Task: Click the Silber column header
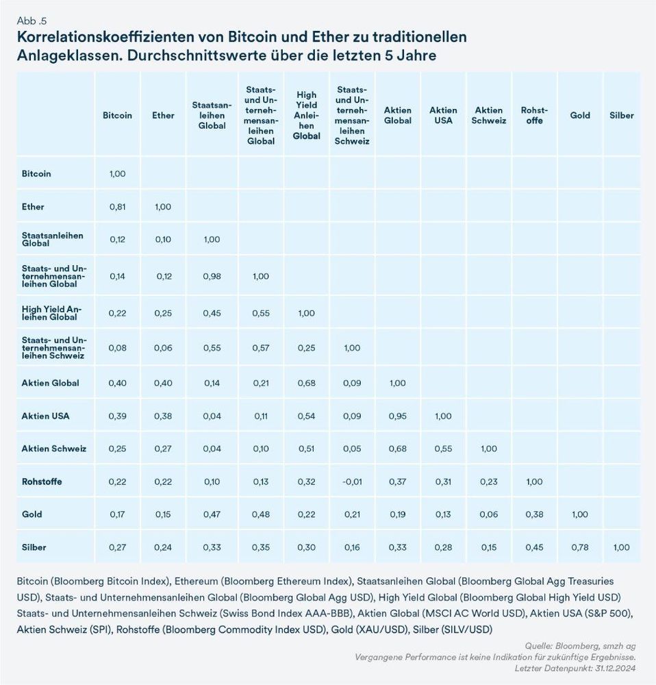tap(621, 116)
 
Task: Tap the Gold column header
tap(580, 116)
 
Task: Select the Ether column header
tap(163, 116)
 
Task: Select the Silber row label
tap(34, 547)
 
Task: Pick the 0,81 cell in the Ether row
tap(118, 207)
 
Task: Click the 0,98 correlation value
tap(212, 275)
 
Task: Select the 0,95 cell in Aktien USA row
tap(398, 416)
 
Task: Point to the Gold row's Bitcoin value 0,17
tap(118, 514)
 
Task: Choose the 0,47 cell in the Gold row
tap(212, 514)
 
